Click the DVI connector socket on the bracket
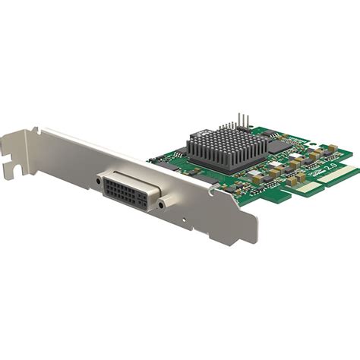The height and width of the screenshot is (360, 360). (130, 189)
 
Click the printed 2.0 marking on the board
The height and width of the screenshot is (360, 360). (331, 163)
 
